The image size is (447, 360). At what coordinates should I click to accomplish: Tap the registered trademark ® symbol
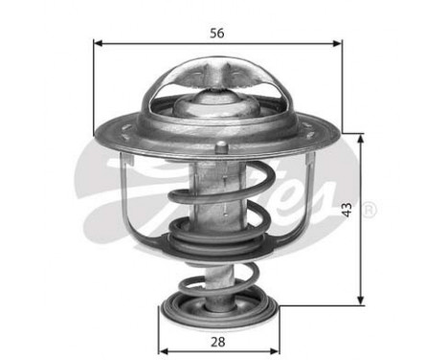click(x=369, y=209)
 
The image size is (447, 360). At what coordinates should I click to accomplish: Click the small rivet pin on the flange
click(x=222, y=146)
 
